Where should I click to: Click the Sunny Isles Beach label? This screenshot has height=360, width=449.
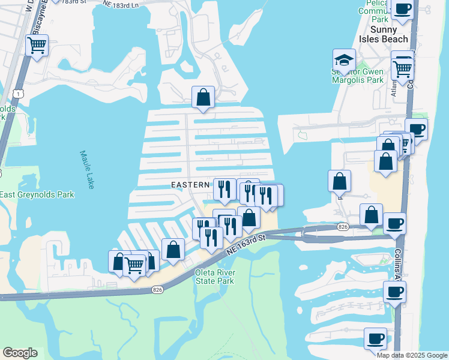click(x=388, y=34)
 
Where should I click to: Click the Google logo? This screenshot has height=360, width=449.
click(x=20, y=353)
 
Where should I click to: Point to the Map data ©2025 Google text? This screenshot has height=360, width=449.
click(x=412, y=355)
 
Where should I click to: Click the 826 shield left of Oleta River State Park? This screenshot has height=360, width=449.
click(x=157, y=290)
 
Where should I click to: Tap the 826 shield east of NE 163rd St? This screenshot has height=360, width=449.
click(x=343, y=226)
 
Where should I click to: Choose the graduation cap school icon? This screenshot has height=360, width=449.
click(x=345, y=60)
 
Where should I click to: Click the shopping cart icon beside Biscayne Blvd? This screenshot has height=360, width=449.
click(x=37, y=45)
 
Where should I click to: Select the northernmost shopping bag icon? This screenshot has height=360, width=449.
click(x=203, y=97)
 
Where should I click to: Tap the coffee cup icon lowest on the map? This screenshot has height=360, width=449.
click(x=375, y=338)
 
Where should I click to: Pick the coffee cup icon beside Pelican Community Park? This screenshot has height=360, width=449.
click(x=403, y=9)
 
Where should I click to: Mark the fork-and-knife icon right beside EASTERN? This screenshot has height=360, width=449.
click(x=224, y=189)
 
